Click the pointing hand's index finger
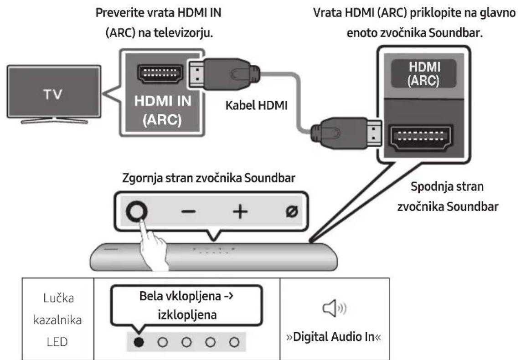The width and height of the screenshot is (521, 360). pyautogui.click(x=145, y=228)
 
